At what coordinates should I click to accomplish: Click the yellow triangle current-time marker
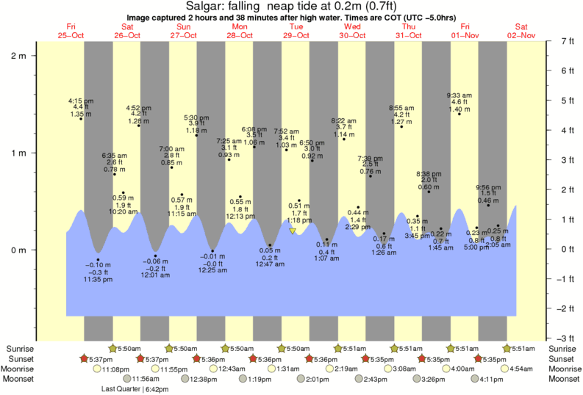tap(293, 231)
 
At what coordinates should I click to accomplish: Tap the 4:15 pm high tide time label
tap(80, 100)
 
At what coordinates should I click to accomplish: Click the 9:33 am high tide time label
tap(459, 95)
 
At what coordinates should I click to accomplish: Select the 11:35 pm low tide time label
tap(98, 279)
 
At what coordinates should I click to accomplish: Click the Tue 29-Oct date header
tap(296, 31)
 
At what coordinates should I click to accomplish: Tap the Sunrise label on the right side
tap(562, 348)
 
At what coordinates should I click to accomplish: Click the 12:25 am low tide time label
tap(212, 270)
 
